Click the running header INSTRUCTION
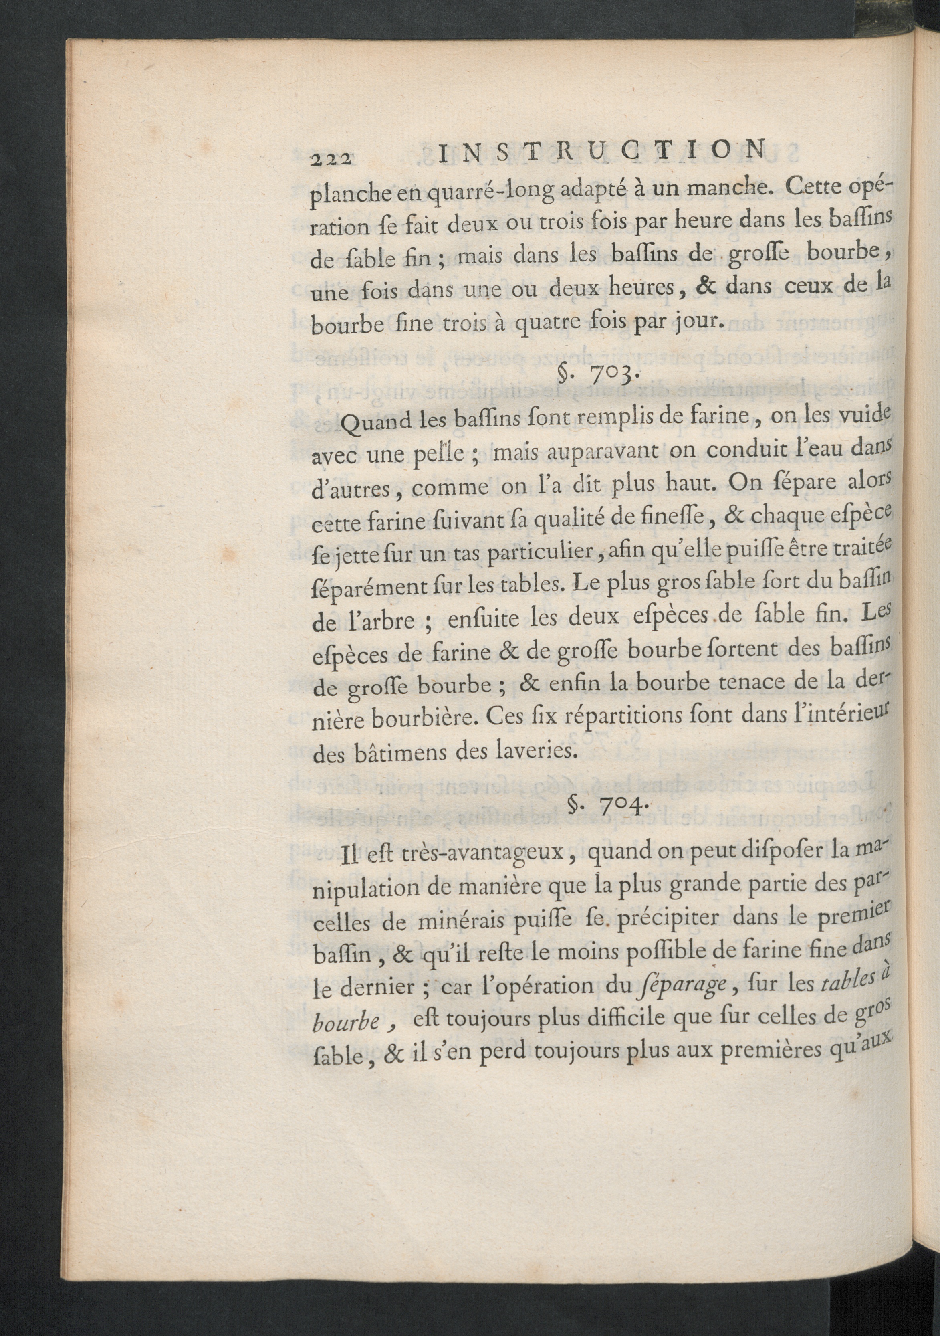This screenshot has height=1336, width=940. [600, 153]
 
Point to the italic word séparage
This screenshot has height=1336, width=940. [681, 986]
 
